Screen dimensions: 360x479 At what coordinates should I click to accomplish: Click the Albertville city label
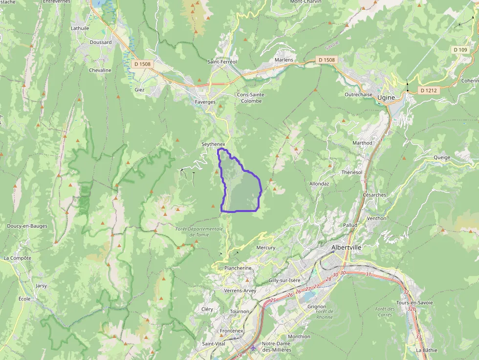(x=346, y=248)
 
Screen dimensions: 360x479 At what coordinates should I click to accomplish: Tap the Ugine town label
(x=386, y=98)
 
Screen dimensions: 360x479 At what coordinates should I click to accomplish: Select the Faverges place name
(x=205, y=102)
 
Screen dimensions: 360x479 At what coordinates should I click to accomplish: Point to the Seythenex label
(x=213, y=144)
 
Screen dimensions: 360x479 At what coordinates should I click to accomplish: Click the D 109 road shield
(x=460, y=50)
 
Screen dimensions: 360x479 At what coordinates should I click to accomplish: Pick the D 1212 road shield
(x=428, y=90)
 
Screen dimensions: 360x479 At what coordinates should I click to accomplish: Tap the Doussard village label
(x=101, y=42)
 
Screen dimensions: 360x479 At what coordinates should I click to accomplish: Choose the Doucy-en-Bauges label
(x=27, y=226)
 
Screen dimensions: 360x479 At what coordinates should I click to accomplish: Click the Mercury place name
(x=266, y=248)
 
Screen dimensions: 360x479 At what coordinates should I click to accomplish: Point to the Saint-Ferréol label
(x=222, y=62)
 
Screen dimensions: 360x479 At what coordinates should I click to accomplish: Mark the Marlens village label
(x=284, y=60)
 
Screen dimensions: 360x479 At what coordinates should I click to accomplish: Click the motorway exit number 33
(x=418, y=337)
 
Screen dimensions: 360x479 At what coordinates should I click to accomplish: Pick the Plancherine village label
(x=238, y=268)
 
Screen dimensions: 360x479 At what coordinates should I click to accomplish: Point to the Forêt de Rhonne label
(x=325, y=314)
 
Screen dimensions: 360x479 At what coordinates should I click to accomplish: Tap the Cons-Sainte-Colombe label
(x=251, y=98)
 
